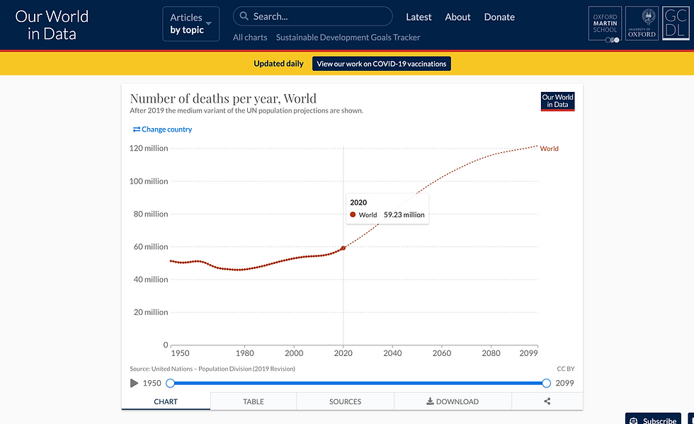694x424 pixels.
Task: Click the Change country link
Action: tap(162, 130)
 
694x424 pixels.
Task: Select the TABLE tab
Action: tap(253, 401)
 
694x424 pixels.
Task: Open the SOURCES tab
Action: tap(345, 401)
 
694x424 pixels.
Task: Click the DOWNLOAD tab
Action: tap(453, 401)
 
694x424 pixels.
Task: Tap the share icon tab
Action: tap(547, 401)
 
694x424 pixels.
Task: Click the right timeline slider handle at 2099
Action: tap(546, 383)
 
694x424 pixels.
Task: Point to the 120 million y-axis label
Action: tap(148, 149)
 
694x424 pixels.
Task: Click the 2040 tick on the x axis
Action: tap(392, 353)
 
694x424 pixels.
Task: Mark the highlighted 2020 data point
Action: tap(343, 248)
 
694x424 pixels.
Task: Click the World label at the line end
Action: tap(549, 149)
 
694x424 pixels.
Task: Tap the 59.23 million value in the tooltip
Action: tap(404, 214)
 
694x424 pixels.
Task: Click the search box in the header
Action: tap(312, 16)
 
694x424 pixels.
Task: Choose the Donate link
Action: tap(499, 17)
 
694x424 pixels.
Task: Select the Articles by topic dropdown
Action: tap(190, 23)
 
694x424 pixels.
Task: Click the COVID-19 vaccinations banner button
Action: tap(382, 64)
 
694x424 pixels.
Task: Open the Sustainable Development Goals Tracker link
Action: tap(348, 38)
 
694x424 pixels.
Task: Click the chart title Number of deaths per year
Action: tap(223, 98)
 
